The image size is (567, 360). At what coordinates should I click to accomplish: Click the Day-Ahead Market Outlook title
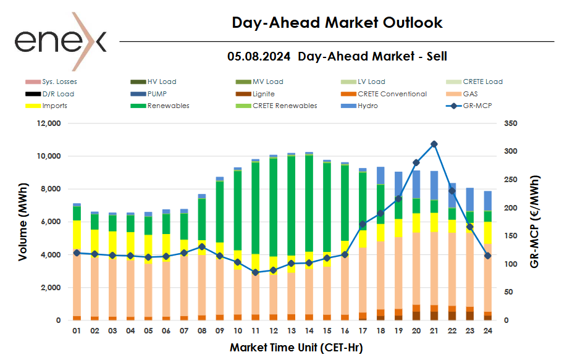[x=337, y=23]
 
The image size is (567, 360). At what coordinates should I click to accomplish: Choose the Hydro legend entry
[x=367, y=106]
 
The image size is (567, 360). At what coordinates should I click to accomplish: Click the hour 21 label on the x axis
[x=434, y=331]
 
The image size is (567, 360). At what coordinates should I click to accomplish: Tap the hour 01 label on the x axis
[x=77, y=331]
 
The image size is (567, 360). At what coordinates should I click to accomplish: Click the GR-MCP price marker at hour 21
[x=434, y=144]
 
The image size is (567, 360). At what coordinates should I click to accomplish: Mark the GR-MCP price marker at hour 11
[x=255, y=272]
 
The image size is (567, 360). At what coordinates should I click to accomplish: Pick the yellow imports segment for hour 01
[x=77, y=235]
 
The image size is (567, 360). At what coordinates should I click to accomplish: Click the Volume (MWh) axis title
[x=23, y=221]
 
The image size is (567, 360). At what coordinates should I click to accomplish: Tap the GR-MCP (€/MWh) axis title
[x=534, y=221]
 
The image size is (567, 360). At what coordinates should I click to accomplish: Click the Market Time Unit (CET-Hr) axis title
[x=296, y=348]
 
